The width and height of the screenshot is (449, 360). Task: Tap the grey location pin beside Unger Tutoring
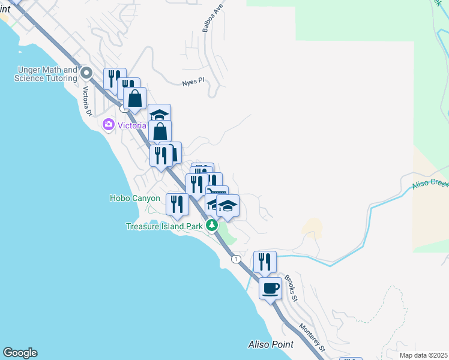(x=86, y=74)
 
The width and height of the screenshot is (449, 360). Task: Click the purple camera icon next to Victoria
(x=109, y=125)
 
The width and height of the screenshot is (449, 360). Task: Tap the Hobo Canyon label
(x=135, y=198)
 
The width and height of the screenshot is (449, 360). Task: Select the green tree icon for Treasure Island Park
(x=211, y=226)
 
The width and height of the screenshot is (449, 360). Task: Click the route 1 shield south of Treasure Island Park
(x=237, y=259)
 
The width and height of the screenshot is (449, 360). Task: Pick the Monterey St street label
(x=313, y=337)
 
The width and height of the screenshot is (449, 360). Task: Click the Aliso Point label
(x=271, y=344)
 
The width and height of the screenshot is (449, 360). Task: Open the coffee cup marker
(x=271, y=288)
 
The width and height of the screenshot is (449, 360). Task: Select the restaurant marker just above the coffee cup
(x=265, y=261)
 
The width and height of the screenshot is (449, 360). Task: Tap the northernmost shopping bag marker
(x=135, y=98)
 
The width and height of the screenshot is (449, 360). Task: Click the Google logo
(x=20, y=353)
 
